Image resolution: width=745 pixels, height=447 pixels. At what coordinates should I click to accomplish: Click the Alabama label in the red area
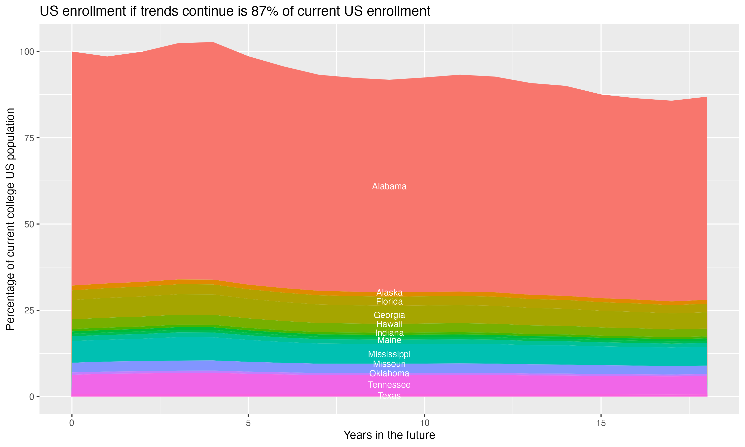(x=389, y=186)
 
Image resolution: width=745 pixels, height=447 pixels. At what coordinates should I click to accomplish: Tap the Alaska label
(x=389, y=293)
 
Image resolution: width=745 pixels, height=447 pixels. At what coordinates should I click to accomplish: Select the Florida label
(x=389, y=301)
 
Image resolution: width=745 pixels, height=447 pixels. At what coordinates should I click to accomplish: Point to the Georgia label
(x=389, y=315)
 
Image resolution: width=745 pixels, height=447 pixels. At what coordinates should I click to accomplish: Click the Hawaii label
(x=389, y=324)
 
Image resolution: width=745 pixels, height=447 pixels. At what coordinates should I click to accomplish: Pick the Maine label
(x=389, y=340)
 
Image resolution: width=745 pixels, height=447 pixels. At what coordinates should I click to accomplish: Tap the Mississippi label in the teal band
(x=389, y=354)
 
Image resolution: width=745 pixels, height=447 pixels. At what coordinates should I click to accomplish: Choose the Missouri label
(x=389, y=364)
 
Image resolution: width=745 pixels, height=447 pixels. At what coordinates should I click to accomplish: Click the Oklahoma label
(x=389, y=373)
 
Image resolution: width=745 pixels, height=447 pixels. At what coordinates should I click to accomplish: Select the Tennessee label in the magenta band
(x=389, y=385)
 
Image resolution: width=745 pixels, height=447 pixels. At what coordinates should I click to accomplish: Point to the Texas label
(x=389, y=396)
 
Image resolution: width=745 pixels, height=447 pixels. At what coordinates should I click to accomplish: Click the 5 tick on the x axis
(x=248, y=423)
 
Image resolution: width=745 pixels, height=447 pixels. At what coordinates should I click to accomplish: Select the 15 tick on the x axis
(x=601, y=423)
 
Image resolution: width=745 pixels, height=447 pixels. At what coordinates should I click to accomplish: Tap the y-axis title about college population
(x=10, y=219)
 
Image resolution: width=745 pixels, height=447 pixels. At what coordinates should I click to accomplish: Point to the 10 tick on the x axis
(x=424, y=423)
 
